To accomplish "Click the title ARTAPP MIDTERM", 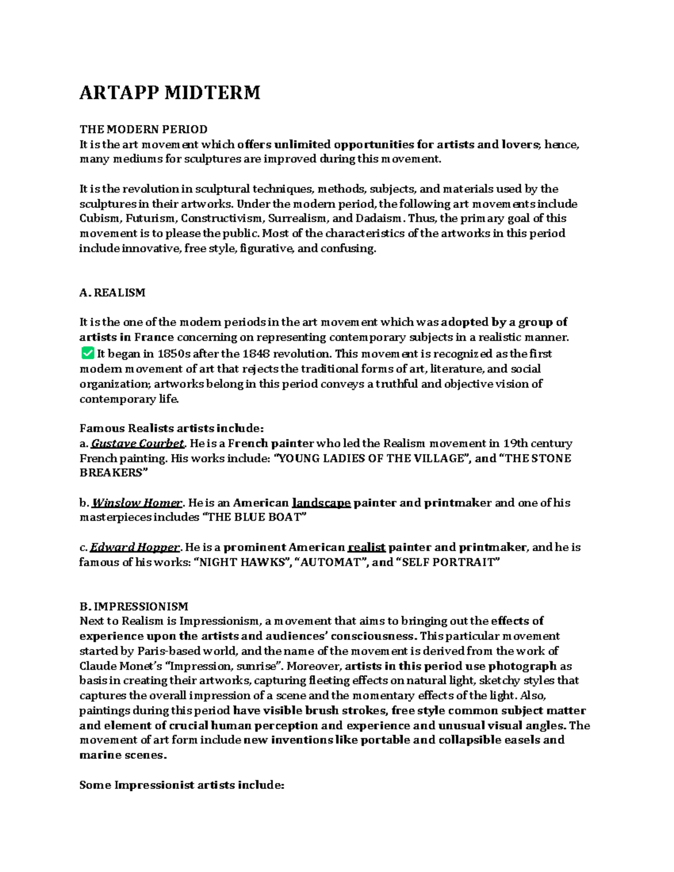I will pyautogui.click(x=170, y=93).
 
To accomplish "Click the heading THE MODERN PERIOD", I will pyautogui.click(x=143, y=130).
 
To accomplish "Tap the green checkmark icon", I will pyautogui.click(x=87, y=353).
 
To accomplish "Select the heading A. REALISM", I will pyautogui.click(x=112, y=293).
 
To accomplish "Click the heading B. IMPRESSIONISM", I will pyautogui.click(x=134, y=606).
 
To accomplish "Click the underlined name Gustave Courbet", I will pyautogui.click(x=138, y=444).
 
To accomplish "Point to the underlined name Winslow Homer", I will pyautogui.click(x=137, y=503).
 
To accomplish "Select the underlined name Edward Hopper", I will pyautogui.click(x=135, y=547).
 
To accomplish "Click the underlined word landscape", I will pyautogui.click(x=321, y=503).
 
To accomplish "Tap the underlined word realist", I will pyautogui.click(x=367, y=547).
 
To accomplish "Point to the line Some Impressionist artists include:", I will pyautogui.click(x=182, y=785).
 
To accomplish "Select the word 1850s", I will pyautogui.click(x=174, y=354).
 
